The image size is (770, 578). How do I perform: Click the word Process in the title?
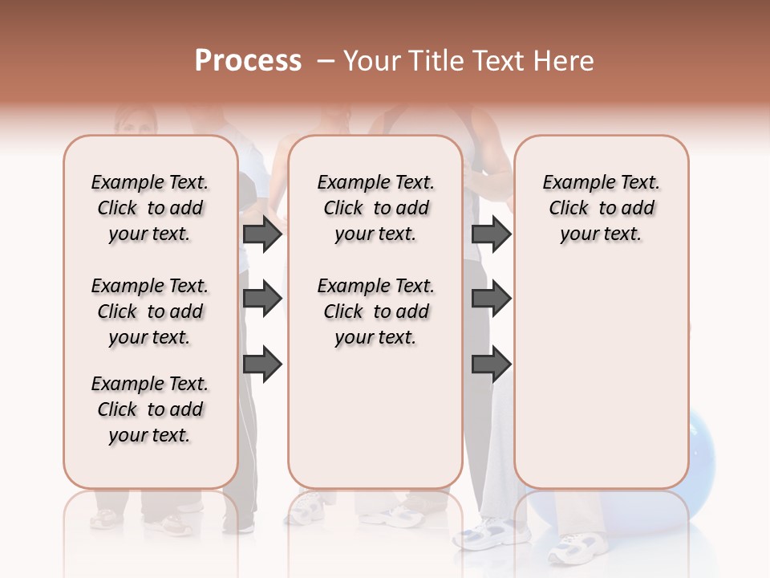tap(248, 61)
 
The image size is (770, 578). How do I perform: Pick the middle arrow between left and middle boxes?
tap(262, 299)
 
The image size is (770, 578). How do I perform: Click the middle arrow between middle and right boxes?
tap(491, 299)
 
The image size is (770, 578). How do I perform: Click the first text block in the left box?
tap(150, 208)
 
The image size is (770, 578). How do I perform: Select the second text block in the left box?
tap(150, 311)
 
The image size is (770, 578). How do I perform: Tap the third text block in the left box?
tap(150, 409)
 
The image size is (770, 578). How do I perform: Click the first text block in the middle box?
tap(376, 208)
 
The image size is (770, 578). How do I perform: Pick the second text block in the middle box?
tap(376, 311)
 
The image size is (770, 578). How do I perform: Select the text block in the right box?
tap(602, 208)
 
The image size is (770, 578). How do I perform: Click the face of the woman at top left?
tap(134, 120)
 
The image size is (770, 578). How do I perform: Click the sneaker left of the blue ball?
tap(484, 531)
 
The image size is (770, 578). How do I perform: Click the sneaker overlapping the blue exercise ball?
tap(572, 548)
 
